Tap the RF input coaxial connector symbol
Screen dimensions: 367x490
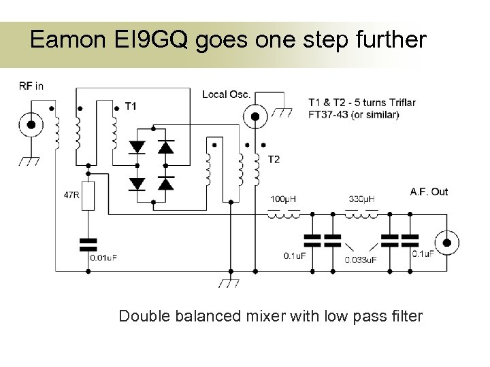click(30, 124)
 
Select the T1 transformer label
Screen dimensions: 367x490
click(131, 106)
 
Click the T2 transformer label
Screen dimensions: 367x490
click(274, 160)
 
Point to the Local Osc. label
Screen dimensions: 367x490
click(226, 94)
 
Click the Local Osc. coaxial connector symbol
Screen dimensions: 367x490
click(256, 116)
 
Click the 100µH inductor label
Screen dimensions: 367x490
click(283, 198)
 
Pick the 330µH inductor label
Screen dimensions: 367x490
click(361, 198)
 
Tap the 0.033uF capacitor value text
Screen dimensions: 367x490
click(361, 259)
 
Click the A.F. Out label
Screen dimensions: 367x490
click(429, 192)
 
